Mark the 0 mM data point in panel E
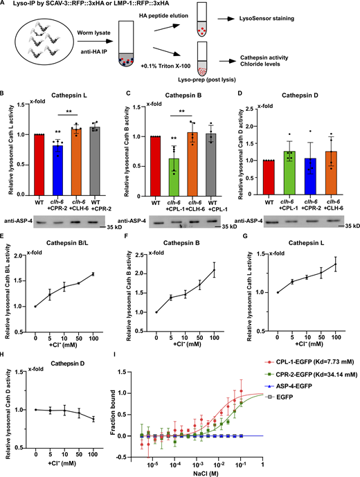click(35, 306)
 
